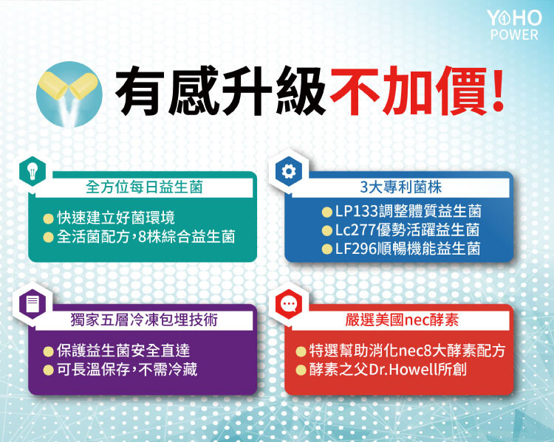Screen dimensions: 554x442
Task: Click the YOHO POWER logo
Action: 514,24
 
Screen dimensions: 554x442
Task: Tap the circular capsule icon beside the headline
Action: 69,94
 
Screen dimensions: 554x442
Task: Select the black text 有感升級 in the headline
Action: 220,91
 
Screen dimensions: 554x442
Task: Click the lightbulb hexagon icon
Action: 33,172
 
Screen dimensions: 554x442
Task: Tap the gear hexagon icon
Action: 289,172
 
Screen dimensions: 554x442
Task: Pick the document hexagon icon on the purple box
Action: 33,304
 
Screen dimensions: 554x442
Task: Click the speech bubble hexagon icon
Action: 289,303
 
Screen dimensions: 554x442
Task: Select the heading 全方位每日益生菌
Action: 144,187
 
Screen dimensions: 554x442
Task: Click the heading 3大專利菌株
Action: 401,187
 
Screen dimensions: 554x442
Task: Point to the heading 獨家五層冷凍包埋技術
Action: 144,320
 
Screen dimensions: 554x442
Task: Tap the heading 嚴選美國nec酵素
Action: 402,320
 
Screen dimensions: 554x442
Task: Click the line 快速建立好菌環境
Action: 116,218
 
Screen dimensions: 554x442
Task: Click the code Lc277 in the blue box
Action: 355,230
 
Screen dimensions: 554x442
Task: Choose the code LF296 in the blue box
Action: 356,249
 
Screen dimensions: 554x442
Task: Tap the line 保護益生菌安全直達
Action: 123,351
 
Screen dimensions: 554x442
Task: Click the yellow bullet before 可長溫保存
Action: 49,370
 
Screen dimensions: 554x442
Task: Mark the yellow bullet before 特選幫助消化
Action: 301,351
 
